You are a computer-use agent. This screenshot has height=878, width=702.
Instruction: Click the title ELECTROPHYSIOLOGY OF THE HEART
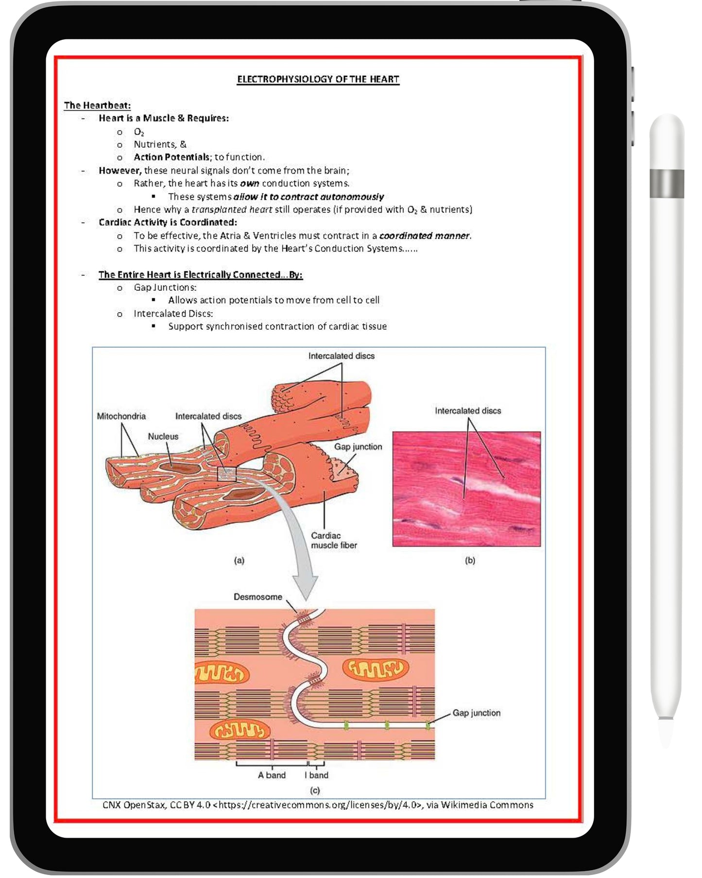(x=318, y=79)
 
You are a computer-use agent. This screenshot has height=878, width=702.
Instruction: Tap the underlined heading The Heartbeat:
(x=97, y=105)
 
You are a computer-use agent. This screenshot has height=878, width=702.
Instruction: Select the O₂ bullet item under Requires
(x=139, y=132)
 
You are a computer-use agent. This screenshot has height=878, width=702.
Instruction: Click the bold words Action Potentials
(x=171, y=157)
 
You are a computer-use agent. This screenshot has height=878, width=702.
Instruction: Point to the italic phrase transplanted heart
(x=232, y=210)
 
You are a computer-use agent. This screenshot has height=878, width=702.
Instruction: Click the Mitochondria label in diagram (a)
(x=121, y=416)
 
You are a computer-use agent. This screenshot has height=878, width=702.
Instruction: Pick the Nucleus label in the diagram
(x=163, y=437)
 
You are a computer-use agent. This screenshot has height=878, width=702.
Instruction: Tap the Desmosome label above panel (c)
(x=257, y=597)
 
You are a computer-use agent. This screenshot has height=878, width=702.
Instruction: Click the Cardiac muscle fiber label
(x=333, y=540)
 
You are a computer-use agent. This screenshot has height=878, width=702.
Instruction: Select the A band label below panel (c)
(x=272, y=775)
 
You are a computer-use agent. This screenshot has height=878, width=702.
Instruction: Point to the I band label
(x=316, y=775)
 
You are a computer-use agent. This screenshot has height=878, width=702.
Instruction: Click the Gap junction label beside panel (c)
(x=476, y=713)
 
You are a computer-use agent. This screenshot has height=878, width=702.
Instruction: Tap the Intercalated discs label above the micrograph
(x=467, y=411)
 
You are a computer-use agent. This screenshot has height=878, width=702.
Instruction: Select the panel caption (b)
(x=470, y=560)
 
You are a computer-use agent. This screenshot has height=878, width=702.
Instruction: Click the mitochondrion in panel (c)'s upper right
(x=376, y=669)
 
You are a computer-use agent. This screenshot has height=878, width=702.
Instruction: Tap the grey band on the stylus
(x=667, y=184)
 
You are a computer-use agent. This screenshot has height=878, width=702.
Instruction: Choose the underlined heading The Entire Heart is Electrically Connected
(x=200, y=275)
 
